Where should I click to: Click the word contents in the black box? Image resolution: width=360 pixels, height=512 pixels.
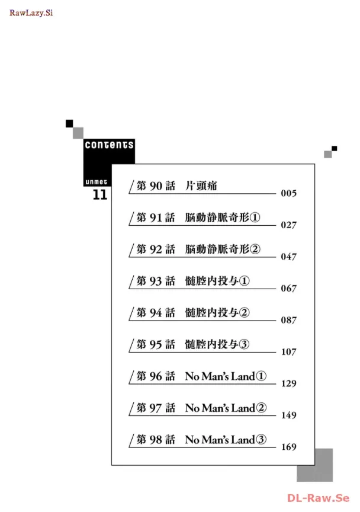109,145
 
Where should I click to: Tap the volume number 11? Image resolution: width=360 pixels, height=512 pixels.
100,194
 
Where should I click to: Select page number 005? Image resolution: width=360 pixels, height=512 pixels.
288,194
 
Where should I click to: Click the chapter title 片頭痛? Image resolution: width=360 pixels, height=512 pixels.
201,186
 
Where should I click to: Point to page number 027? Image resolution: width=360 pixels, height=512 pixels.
288,225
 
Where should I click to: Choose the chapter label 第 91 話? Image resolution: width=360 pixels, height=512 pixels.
156,217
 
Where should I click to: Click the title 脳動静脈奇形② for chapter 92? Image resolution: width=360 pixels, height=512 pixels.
223,249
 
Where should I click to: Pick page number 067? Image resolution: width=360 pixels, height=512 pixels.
288,289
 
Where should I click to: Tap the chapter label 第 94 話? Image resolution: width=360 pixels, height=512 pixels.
156,312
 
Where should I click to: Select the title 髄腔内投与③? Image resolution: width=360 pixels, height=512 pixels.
217,344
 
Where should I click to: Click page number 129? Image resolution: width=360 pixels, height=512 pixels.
288,383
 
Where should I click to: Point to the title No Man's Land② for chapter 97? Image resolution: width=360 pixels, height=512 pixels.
226,408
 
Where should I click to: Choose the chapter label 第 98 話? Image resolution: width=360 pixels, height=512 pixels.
156,439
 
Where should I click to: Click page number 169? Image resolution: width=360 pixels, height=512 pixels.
288,447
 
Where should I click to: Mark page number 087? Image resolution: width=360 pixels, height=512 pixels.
288,320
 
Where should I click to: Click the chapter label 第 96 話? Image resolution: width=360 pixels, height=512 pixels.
156,376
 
